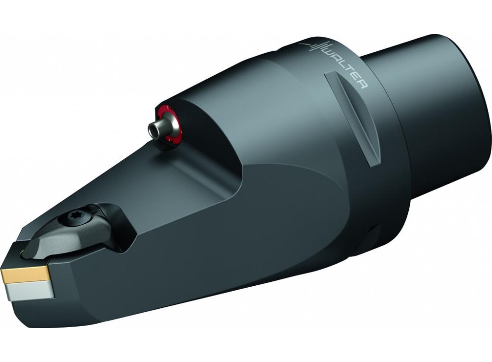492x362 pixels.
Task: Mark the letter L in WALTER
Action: tap(344, 65)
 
